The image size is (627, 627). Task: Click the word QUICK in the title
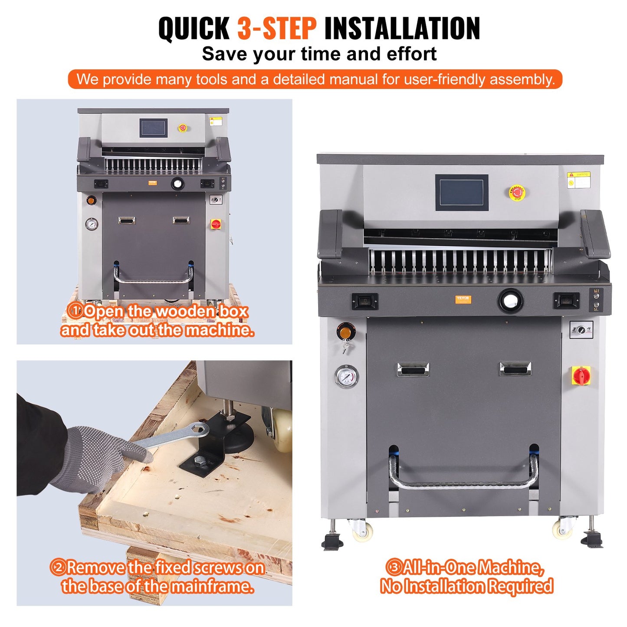[x=194, y=29]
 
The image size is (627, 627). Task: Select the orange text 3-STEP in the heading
[x=276, y=29]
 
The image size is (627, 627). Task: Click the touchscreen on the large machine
[x=462, y=193]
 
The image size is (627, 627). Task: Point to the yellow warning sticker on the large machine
[x=579, y=180]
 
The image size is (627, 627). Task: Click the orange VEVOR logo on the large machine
[x=463, y=299]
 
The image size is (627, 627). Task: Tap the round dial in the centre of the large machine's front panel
[x=510, y=300]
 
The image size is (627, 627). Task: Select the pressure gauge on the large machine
[x=347, y=376]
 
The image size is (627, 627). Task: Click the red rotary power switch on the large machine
[x=581, y=375]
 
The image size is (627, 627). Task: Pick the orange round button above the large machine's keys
[x=346, y=332]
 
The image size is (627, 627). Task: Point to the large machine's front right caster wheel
[x=562, y=528]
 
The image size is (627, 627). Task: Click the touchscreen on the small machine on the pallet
[x=153, y=128]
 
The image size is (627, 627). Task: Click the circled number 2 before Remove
[x=58, y=567]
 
